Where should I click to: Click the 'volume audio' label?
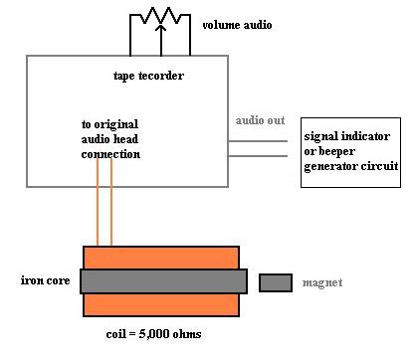(x=237, y=25)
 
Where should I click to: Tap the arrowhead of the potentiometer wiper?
(x=161, y=27)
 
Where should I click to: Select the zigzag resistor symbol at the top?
(x=161, y=15)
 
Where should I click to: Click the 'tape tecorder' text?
(x=148, y=76)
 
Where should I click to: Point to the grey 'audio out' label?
(x=261, y=120)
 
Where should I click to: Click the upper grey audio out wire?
(x=258, y=141)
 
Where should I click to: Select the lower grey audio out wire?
(x=258, y=156)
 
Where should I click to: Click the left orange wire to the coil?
(x=98, y=202)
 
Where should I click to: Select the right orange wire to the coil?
(x=111, y=202)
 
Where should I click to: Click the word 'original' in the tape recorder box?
(x=116, y=125)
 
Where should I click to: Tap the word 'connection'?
(x=110, y=154)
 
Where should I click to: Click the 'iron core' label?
(x=46, y=280)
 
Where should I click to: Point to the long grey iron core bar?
(x=163, y=281)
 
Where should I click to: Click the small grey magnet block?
(x=276, y=282)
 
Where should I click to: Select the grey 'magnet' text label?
(x=322, y=282)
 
